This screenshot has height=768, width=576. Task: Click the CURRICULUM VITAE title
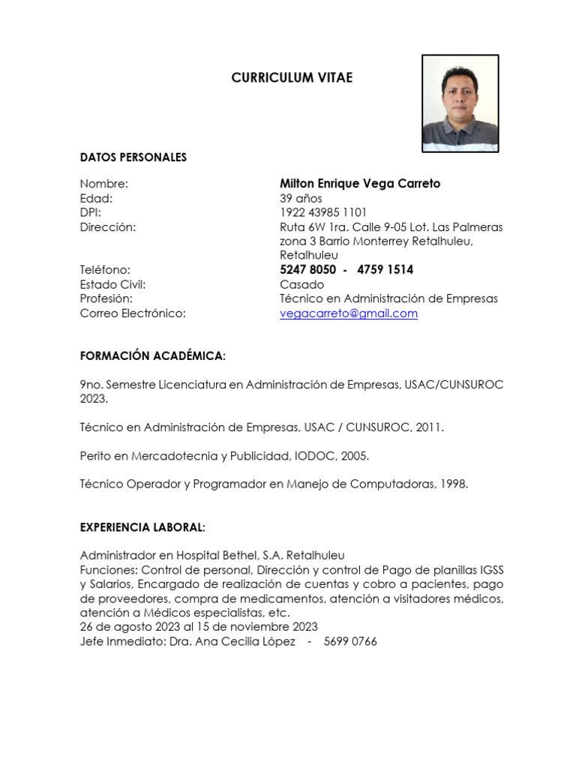(292, 78)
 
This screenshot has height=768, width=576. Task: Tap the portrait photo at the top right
(460, 103)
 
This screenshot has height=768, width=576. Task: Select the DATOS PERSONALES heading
(133, 157)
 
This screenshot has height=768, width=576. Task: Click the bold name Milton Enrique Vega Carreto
(360, 184)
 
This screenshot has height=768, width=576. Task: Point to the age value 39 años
(301, 199)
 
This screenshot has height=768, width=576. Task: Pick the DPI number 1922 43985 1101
(323, 213)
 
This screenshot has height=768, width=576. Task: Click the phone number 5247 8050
(307, 270)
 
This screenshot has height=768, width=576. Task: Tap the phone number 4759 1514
(385, 270)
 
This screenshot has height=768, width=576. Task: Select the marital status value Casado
(301, 285)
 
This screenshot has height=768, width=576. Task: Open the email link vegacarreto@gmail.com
(349, 313)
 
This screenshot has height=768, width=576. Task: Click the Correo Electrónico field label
(133, 313)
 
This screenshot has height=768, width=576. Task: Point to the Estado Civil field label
(112, 285)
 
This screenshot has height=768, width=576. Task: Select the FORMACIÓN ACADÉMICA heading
(153, 355)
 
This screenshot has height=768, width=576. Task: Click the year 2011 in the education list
(430, 427)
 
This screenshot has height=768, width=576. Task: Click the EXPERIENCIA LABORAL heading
(142, 527)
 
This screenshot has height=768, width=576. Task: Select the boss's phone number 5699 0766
(350, 642)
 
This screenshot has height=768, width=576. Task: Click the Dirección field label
(108, 227)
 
